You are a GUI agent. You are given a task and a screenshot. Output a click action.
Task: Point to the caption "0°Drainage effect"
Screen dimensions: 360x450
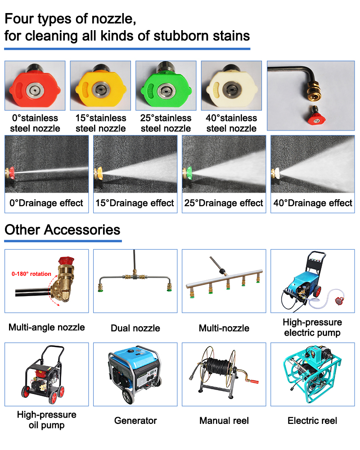click(46, 203)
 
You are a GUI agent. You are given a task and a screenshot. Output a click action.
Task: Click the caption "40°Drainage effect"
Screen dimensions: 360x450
click(313, 203)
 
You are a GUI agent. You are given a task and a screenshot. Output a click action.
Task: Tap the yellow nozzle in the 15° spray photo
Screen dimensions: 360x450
click(99, 174)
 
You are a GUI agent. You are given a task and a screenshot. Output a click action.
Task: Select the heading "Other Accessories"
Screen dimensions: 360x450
click(62, 230)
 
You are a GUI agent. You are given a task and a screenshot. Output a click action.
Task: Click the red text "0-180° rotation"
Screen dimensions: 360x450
click(31, 274)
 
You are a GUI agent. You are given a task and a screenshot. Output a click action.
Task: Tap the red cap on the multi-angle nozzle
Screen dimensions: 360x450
click(66, 261)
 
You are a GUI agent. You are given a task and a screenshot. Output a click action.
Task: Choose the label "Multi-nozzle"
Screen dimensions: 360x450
click(224, 328)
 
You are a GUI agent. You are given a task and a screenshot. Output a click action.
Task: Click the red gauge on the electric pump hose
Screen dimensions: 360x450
click(339, 301)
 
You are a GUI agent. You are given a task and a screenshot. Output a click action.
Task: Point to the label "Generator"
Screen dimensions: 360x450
click(135, 421)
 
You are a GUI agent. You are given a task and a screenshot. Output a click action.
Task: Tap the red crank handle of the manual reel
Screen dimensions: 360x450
click(253, 381)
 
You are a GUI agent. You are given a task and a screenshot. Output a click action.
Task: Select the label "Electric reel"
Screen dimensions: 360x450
click(312, 421)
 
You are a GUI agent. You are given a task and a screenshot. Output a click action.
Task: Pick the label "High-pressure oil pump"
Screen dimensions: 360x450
click(46, 420)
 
